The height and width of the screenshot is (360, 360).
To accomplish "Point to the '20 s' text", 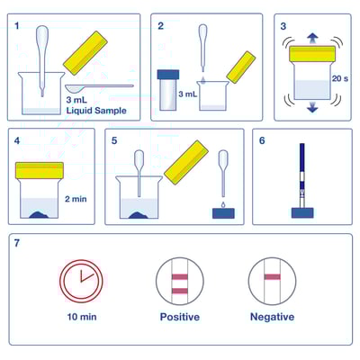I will click(x=340, y=79).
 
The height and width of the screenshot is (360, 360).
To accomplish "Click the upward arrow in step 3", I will click(x=311, y=38).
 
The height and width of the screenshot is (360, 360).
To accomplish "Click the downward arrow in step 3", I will click(x=311, y=108).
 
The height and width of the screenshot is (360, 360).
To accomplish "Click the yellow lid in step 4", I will click(x=40, y=169).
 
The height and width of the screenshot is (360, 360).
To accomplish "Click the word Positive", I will click(x=179, y=317).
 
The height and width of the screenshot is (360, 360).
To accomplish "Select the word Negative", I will click(x=273, y=317).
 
